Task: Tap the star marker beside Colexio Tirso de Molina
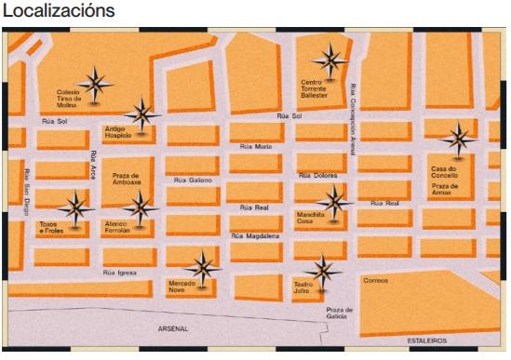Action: [96, 85]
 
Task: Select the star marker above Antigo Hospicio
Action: [142, 115]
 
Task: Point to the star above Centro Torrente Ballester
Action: [329, 61]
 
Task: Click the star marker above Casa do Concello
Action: [457, 140]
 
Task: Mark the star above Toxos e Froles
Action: [74, 207]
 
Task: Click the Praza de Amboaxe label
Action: [126, 179]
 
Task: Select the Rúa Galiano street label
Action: [193, 180]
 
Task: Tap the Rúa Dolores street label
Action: [316, 175]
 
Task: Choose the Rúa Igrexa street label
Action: [120, 273]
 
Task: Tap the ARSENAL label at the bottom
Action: [173, 329]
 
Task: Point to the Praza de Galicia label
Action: [341, 313]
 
